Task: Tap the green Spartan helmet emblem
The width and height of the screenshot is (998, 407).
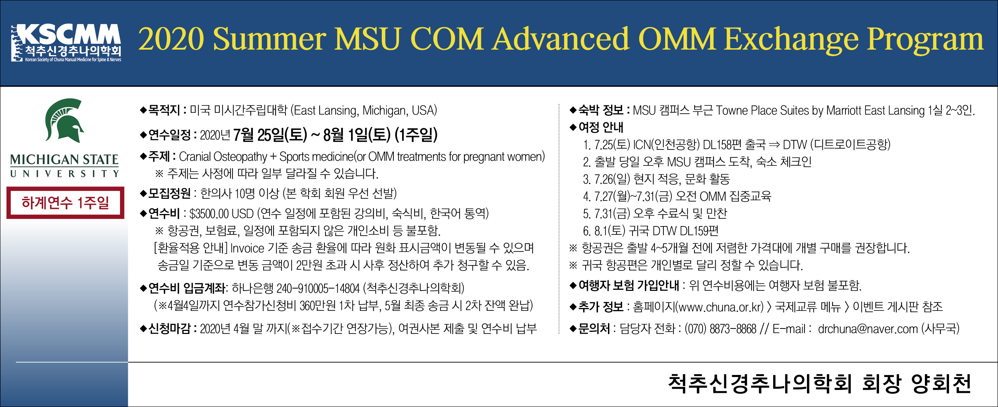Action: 64,120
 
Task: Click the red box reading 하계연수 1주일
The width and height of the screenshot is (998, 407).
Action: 66,203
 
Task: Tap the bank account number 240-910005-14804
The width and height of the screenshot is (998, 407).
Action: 318,288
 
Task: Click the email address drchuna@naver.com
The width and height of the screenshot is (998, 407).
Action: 868,329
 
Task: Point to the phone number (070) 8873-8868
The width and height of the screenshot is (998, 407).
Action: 720,329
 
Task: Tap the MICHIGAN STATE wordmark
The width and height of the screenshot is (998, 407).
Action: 64,160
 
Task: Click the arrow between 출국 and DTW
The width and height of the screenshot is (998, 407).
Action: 774,145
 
